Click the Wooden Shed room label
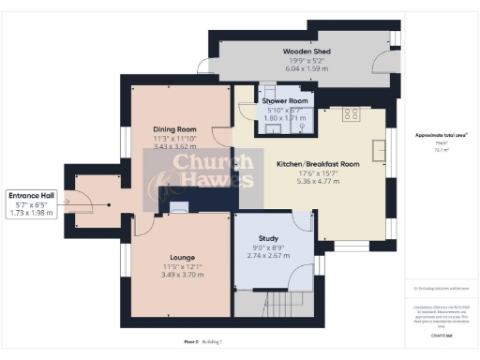307,52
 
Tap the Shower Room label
284,100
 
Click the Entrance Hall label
32,196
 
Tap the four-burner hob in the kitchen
352,114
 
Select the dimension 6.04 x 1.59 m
307,68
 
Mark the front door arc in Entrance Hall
83,199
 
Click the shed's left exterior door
205,65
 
